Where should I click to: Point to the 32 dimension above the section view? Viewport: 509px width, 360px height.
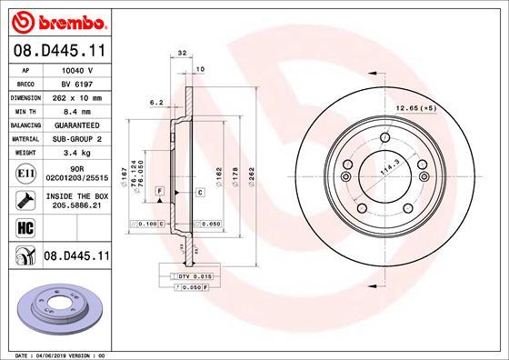182,54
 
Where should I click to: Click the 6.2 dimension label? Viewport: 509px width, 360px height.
155,102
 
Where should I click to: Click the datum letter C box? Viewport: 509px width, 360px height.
198,193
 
